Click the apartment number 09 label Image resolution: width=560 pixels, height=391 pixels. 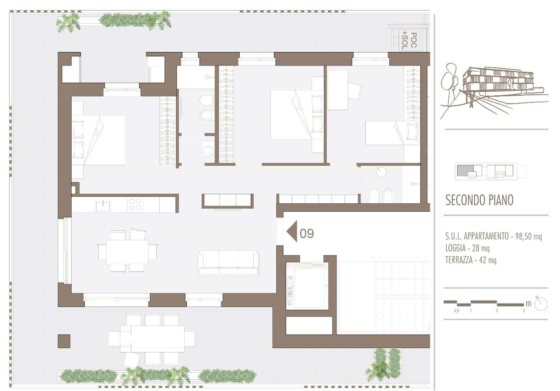tap(307, 234)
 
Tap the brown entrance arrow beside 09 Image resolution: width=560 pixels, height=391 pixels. tap(292, 231)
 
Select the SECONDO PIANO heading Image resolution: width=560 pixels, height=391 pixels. tap(479, 200)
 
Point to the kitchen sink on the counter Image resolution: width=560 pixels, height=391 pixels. tap(103, 206)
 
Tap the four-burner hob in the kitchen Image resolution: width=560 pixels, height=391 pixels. tap(135, 205)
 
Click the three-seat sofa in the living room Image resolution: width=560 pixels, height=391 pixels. tap(228, 262)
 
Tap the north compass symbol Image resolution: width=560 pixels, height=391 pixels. tap(541, 304)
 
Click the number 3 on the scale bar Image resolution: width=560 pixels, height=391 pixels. tap(524, 311)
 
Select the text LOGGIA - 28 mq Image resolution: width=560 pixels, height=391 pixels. tap(467, 248)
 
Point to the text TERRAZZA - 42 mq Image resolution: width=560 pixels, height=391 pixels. tap(471, 260)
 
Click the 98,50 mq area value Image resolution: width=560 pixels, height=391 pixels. tap(528, 236)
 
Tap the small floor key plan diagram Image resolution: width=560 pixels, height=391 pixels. tap(490, 171)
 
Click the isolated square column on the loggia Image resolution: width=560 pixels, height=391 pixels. tap(64, 341)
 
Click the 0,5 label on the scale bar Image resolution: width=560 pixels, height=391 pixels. tap(457, 311)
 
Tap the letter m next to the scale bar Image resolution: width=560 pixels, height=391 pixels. tap(528, 304)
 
